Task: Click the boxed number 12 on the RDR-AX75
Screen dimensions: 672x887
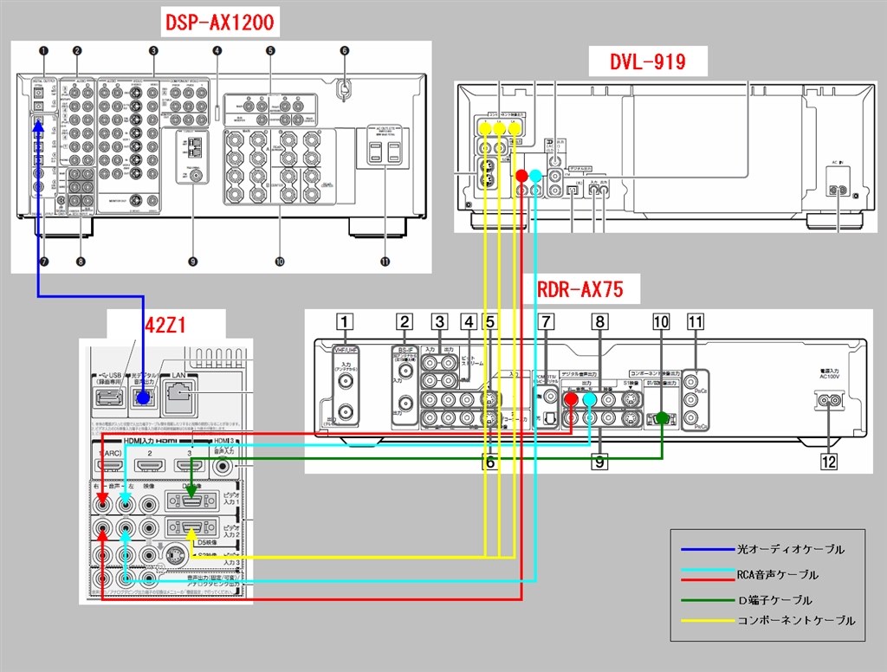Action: (829, 462)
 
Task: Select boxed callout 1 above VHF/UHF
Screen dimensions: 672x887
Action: (346, 323)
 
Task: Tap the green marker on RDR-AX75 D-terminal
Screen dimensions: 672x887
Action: (663, 417)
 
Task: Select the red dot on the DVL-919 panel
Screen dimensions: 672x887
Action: (521, 177)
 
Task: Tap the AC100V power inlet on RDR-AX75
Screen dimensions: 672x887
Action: (829, 401)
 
